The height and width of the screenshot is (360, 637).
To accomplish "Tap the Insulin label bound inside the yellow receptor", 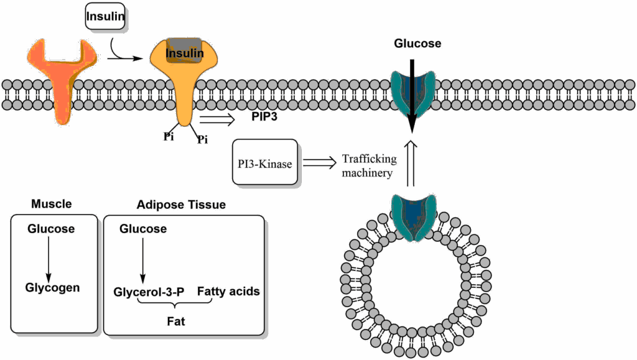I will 184,53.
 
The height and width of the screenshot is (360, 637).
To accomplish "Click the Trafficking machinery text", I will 370,167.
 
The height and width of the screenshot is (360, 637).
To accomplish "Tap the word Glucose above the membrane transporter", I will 417,44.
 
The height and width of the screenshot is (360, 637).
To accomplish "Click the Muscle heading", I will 51,204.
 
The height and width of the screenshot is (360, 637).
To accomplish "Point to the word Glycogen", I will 53,288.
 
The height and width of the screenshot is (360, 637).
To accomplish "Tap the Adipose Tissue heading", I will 180,204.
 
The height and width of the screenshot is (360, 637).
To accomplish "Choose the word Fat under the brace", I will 176,321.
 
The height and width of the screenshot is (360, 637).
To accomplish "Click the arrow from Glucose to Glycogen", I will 50,258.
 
